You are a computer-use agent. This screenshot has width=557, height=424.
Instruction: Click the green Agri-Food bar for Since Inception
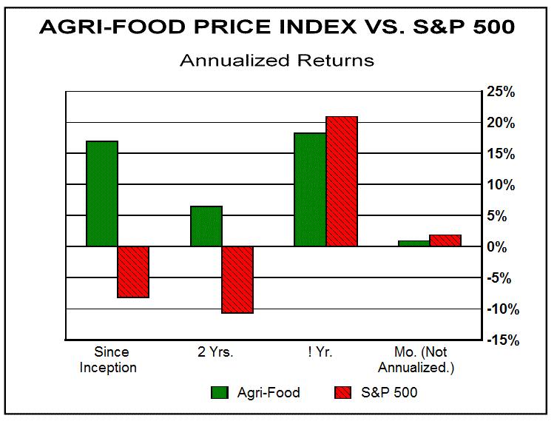102,193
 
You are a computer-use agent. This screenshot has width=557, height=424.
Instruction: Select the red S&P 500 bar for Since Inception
133,272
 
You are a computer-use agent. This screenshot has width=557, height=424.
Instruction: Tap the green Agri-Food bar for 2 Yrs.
206,226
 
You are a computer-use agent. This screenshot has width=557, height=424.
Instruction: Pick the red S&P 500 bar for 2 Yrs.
237,280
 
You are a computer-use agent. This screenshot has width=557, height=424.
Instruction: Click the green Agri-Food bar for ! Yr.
310,189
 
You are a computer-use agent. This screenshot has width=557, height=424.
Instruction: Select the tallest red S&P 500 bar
342,181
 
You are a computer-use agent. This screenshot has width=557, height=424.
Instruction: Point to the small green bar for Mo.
414,243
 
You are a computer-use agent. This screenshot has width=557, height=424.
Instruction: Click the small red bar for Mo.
445,240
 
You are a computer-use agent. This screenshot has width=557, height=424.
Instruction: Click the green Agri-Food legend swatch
220,393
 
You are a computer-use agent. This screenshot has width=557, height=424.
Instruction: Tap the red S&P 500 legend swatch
342,393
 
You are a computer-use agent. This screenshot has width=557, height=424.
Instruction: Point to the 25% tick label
500,91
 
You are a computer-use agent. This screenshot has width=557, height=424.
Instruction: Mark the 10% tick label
500,184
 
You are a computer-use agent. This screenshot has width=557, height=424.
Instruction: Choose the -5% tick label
501,277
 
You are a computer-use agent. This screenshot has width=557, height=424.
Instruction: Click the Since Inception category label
112,360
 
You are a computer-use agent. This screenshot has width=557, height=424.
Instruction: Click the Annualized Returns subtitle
277,60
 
